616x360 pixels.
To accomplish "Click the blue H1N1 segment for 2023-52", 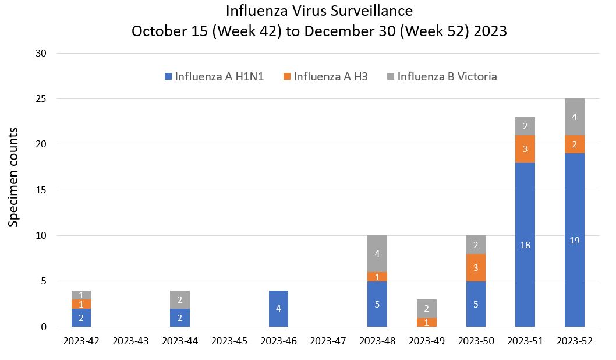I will click(x=574, y=240).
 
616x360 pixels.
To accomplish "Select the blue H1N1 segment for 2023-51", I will click(x=525, y=245).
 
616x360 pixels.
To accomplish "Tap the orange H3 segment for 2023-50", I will click(x=476, y=267).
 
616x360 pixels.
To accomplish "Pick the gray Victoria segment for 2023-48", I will click(x=377, y=253).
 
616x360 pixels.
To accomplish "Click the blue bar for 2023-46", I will click(x=278, y=309).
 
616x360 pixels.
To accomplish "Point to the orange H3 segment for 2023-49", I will click(x=426, y=322).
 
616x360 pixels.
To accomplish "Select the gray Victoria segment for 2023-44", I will click(x=180, y=299).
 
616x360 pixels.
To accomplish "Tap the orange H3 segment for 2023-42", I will click(x=81, y=304).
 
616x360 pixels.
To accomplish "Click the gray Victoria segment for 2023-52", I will click(x=574, y=117).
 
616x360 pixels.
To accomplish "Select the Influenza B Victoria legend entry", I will click(x=441, y=76).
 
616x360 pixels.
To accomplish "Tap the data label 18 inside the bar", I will click(x=525, y=245).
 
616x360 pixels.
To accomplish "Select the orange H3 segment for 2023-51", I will click(x=525, y=149).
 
